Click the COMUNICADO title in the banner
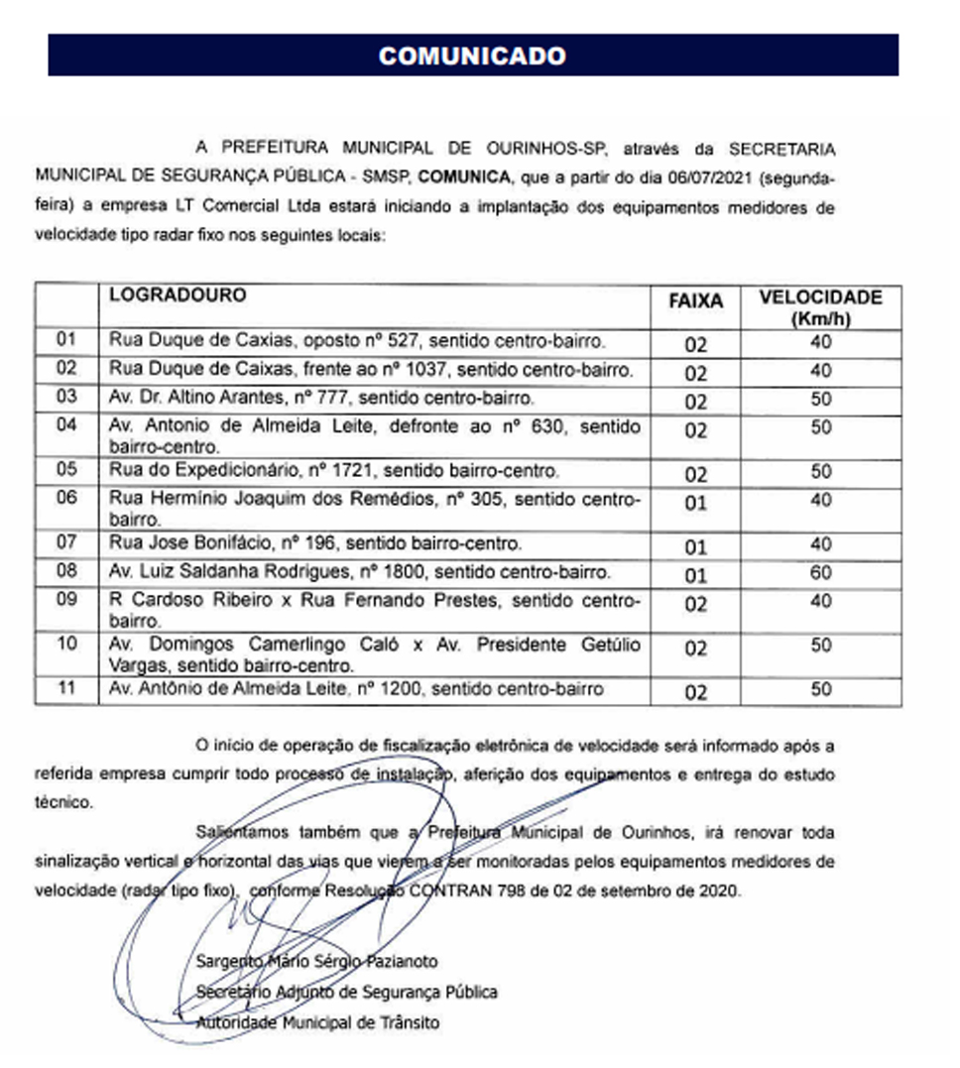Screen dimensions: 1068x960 pos(472,56)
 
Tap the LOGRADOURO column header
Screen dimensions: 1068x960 pos(178,296)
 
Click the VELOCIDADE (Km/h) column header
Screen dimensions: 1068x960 pos(820,306)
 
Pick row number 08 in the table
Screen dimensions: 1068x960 pos(66,572)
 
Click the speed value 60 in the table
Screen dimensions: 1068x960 pos(820,572)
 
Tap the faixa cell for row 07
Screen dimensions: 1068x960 pos(695,545)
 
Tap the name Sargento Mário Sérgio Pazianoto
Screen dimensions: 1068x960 pos(317,961)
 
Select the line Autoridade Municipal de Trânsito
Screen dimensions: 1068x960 pos(317,1022)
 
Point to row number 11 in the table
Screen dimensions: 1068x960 pos(66,688)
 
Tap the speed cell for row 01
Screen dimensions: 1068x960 pos(820,343)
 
